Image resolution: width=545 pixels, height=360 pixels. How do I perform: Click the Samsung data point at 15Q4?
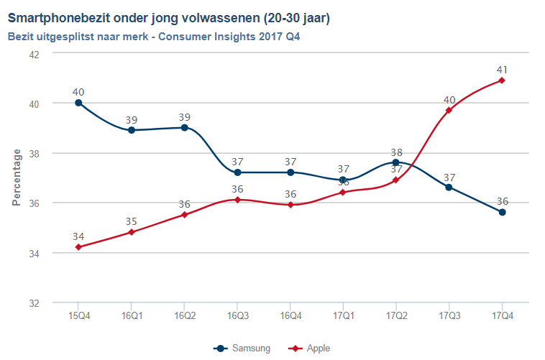click(78, 103)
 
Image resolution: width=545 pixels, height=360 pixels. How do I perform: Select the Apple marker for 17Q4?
click(502, 80)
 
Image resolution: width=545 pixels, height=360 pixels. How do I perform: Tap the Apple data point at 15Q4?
click(78, 247)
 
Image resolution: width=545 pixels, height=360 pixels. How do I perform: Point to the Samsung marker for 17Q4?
click(502, 212)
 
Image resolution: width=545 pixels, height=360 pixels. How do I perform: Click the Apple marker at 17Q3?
click(449, 110)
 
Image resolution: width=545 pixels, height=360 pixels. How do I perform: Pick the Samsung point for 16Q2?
click(184, 128)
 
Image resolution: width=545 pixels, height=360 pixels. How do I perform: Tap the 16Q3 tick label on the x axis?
click(237, 315)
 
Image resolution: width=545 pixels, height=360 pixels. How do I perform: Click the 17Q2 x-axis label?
click(396, 315)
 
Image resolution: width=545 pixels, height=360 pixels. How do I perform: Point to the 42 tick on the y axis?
click(33, 54)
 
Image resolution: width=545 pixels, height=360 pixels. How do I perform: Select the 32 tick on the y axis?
click(33, 303)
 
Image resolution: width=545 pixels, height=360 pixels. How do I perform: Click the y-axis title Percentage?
click(17, 177)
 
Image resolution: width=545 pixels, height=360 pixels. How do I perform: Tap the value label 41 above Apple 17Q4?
click(502, 69)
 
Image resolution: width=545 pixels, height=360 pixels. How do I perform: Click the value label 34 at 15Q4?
click(78, 236)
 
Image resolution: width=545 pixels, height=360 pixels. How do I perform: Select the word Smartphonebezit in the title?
click(58, 17)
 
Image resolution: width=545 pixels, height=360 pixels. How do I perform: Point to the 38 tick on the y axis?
click(33, 153)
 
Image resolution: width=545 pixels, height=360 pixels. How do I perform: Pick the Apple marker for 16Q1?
click(132, 232)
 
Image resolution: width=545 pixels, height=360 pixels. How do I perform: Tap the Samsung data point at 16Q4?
click(290, 172)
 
